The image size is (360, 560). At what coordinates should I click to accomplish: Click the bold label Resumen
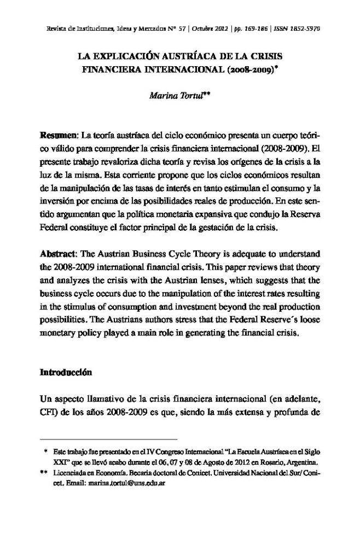click(59, 135)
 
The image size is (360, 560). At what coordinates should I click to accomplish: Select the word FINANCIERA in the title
click(109, 70)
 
